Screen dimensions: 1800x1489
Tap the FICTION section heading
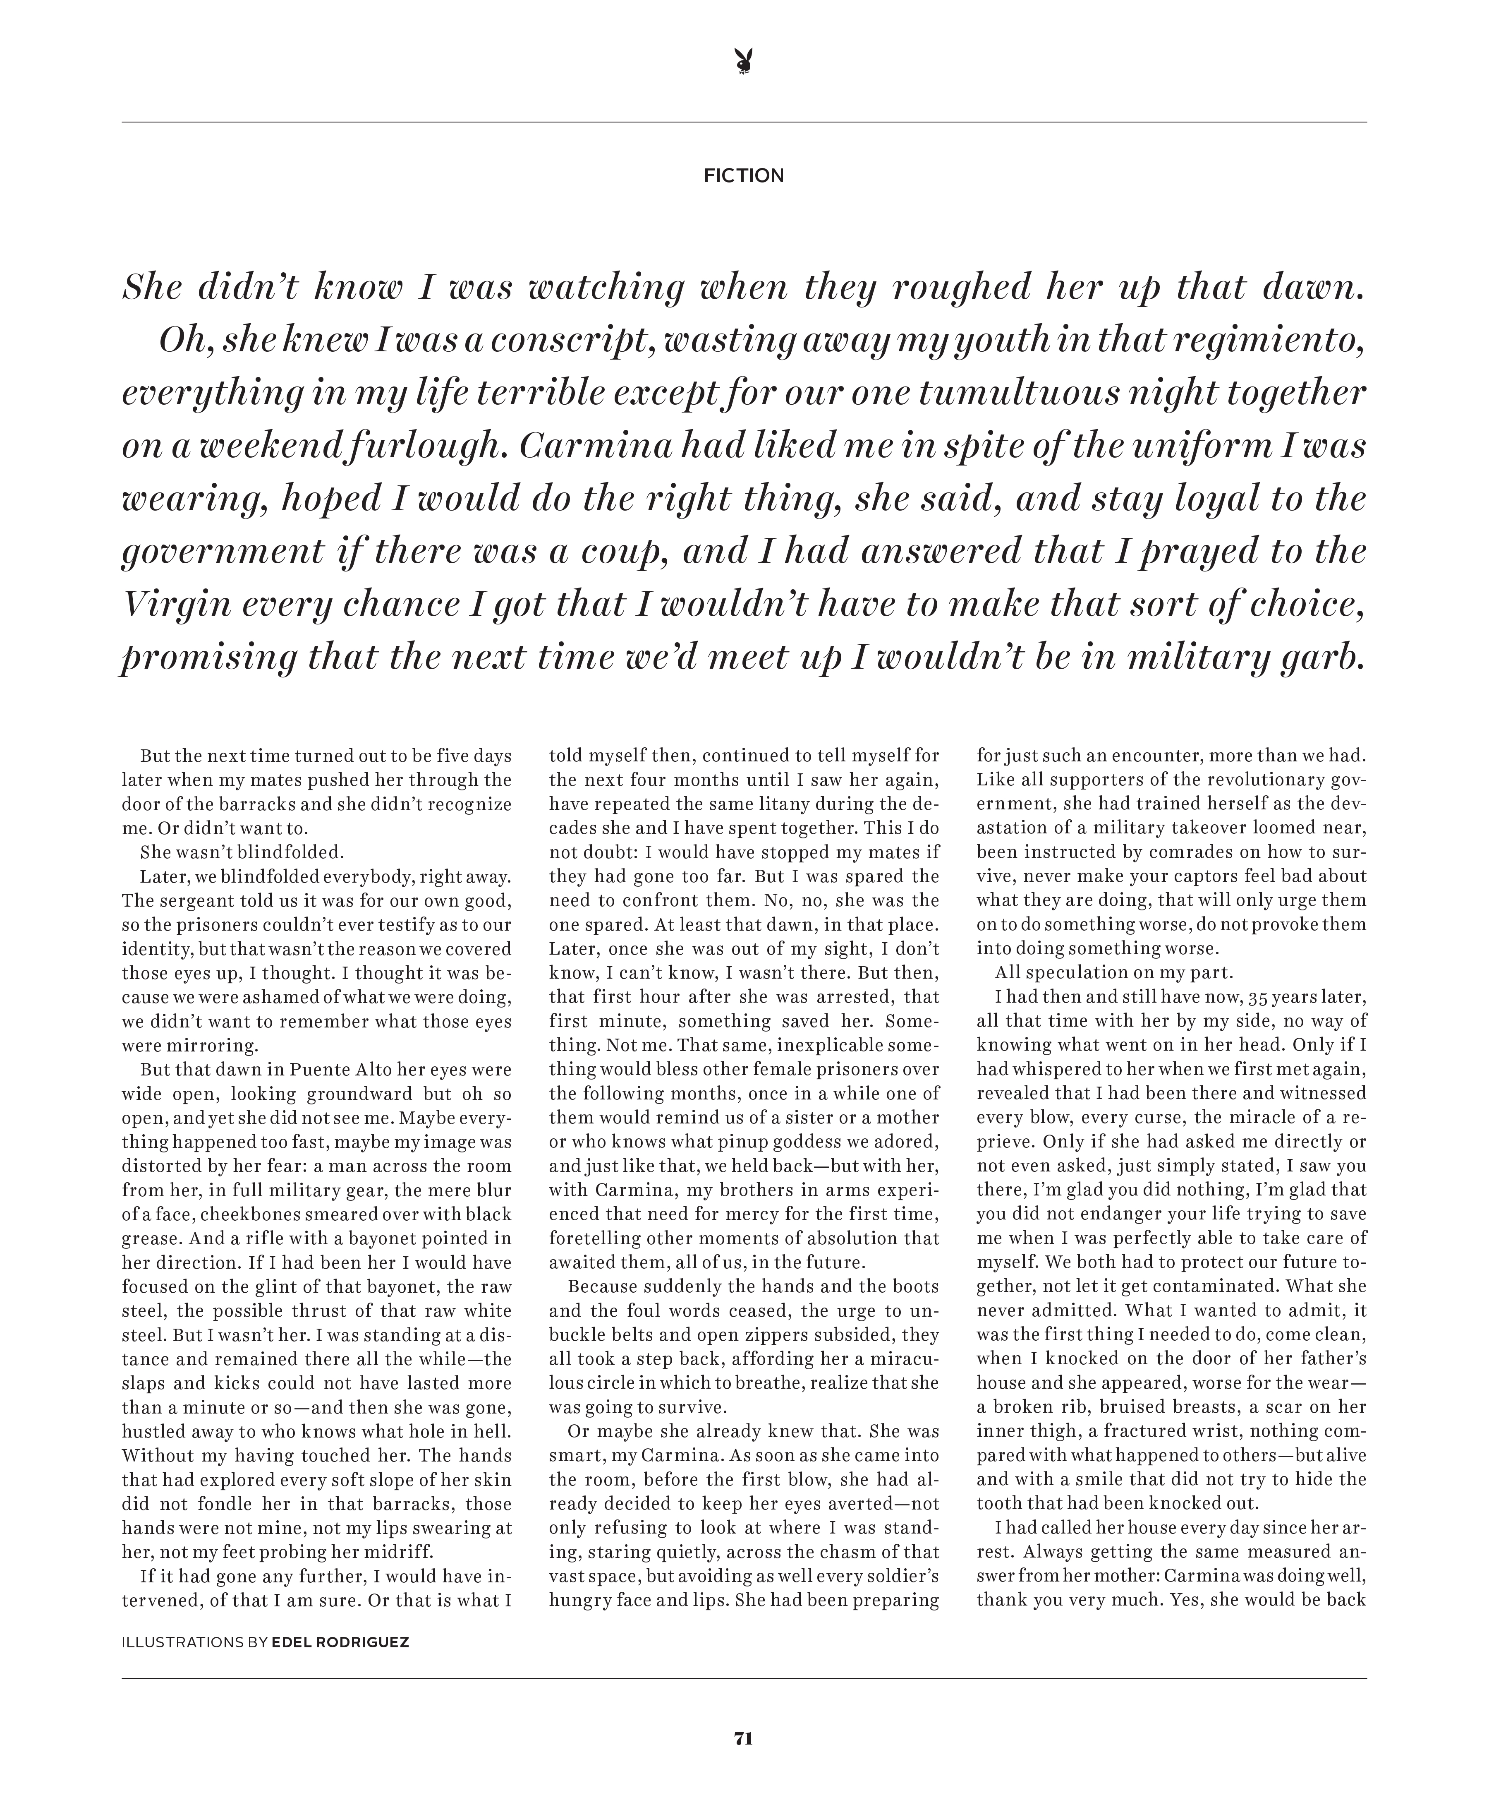point(744,176)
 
